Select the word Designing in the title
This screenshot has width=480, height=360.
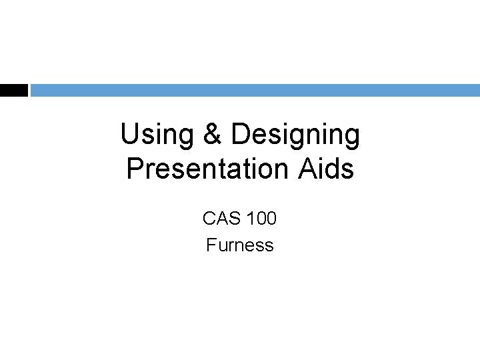(295, 135)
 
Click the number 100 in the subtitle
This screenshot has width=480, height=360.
(262, 218)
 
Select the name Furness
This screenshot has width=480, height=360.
(240, 245)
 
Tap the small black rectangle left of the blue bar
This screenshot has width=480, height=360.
(13, 90)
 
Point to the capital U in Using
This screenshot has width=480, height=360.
(130, 135)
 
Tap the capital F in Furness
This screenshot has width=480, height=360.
(211, 245)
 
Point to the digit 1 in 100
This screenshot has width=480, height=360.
(251, 218)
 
